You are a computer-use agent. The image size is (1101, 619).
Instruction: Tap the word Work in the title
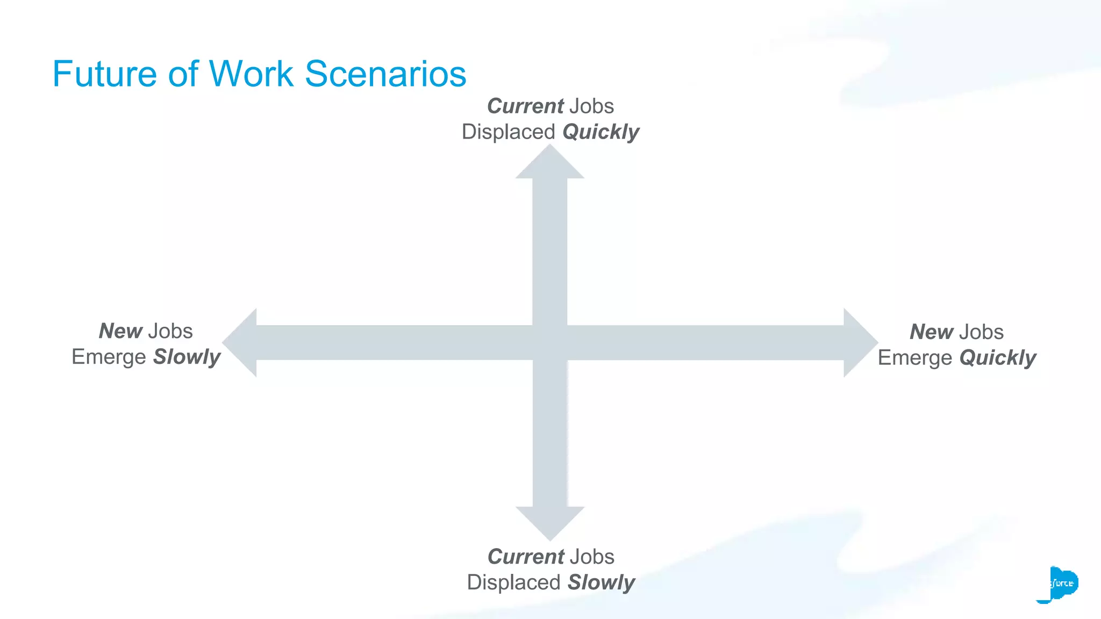pos(251,74)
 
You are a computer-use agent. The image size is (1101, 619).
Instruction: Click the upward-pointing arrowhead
pos(550,164)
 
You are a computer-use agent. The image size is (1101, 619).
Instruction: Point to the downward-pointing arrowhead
pos(550,522)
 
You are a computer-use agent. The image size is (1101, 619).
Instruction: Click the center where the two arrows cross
pos(550,343)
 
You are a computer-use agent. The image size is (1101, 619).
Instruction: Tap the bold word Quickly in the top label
pos(600,132)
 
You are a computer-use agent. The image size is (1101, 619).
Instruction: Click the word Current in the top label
pos(525,106)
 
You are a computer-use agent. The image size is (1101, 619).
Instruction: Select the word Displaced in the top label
pos(508,132)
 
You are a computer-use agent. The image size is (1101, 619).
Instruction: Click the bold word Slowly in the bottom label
pos(602,582)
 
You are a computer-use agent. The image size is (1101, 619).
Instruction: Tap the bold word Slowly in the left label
pos(187,357)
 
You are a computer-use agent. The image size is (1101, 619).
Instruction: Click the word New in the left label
pos(120,331)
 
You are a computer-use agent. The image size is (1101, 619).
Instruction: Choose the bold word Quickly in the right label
pos(998,358)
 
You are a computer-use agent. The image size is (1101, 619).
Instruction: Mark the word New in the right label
pos(931,332)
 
